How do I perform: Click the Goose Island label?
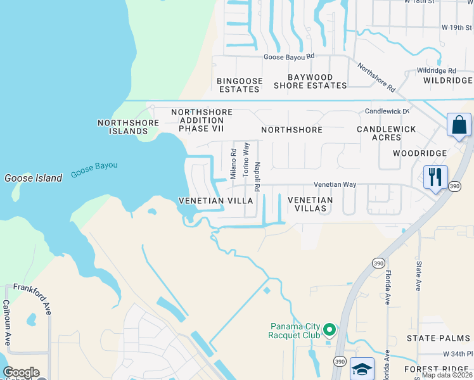tap(34, 178)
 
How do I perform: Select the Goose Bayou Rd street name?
tap(289, 56)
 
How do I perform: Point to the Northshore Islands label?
tap(122, 127)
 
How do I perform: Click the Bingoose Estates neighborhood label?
tap(238, 85)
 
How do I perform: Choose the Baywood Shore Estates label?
tap(310, 80)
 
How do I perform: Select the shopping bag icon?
tap(459, 125)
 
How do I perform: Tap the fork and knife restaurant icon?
tap(435, 177)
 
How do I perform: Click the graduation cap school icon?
tap(362, 369)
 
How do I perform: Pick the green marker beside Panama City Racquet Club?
tap(329, 329)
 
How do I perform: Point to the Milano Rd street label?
tap(233, 164)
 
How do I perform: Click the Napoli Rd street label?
tap(257, 177)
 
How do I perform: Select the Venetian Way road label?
tap(335, 184)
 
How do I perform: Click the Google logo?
tap(21, 372)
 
